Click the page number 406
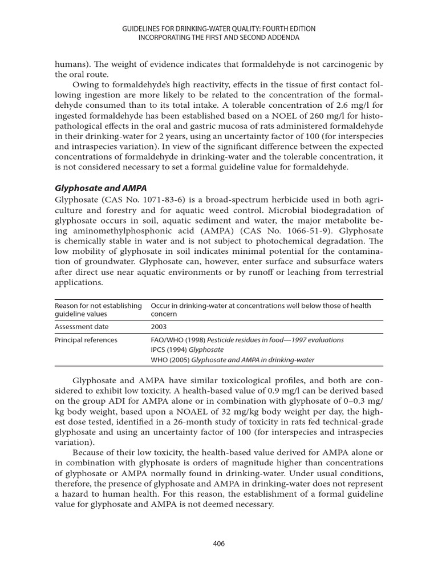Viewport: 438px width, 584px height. coord(219,544)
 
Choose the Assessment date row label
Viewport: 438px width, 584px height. coord(81,327)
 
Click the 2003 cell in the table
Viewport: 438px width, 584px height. coord(159,327)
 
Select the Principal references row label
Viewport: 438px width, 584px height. coord(86,340)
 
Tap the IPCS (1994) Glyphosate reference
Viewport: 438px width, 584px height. coord(187,350)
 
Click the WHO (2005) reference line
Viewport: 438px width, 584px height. coord(232,359)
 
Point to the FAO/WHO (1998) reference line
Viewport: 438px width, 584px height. coord(247,340)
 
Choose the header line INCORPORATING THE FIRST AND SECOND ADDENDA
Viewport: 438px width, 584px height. coord(219,37)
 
